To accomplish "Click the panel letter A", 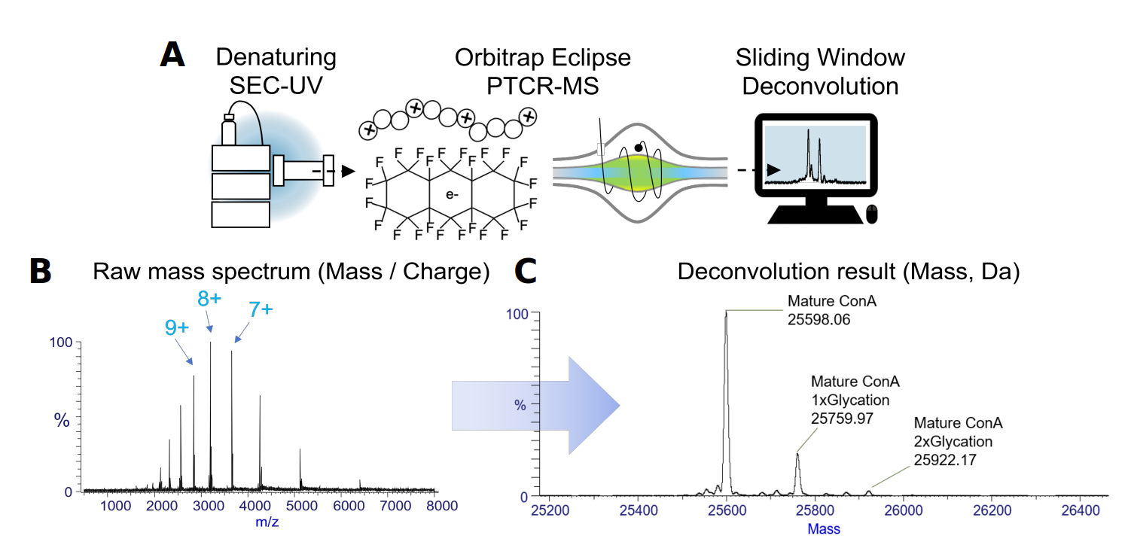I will (175, 56).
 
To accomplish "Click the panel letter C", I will (524, 272).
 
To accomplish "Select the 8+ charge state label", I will (209, 298).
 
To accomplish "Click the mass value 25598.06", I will (819, 319).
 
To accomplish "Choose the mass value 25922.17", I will (944, 458).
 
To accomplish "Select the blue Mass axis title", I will (824, 529).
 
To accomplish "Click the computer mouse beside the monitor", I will (872, 214).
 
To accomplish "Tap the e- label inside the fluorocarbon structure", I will (451, 195).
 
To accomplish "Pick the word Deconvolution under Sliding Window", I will (820, 86).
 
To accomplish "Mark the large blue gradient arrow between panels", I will (535, 405).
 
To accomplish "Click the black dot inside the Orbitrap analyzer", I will (639, 148).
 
